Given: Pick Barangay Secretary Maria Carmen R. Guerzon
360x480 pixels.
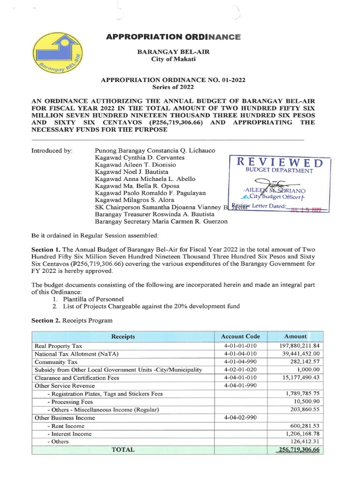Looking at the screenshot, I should point(161,222).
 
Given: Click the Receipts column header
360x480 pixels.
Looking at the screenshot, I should point(123,337).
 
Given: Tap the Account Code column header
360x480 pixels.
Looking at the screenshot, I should point(240,337).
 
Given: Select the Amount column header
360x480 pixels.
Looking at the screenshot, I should point(295,337).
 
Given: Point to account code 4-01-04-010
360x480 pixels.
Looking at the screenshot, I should point(240,354).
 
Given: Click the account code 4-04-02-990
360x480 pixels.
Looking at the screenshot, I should point(240,417).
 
